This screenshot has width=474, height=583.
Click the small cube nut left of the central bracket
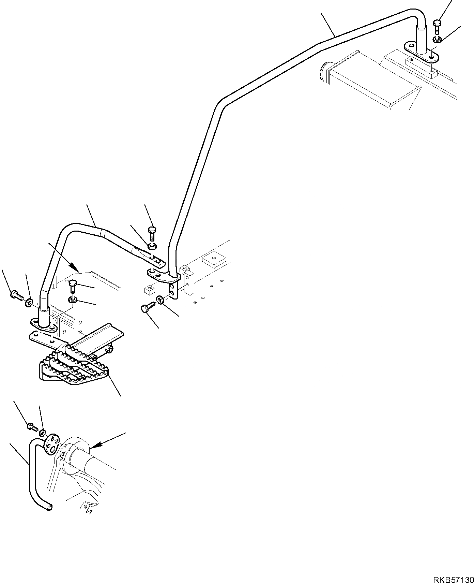click(x=148, y=290)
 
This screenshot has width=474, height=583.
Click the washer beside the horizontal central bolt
click(x=159, y=300)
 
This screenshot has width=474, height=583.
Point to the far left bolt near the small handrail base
click(x=16, y=294)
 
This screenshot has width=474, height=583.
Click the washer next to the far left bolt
click(x=29, y=302)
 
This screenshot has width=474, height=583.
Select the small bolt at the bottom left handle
click(x=31, y=426)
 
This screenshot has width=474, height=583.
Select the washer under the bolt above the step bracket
click(x=73, y=300)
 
